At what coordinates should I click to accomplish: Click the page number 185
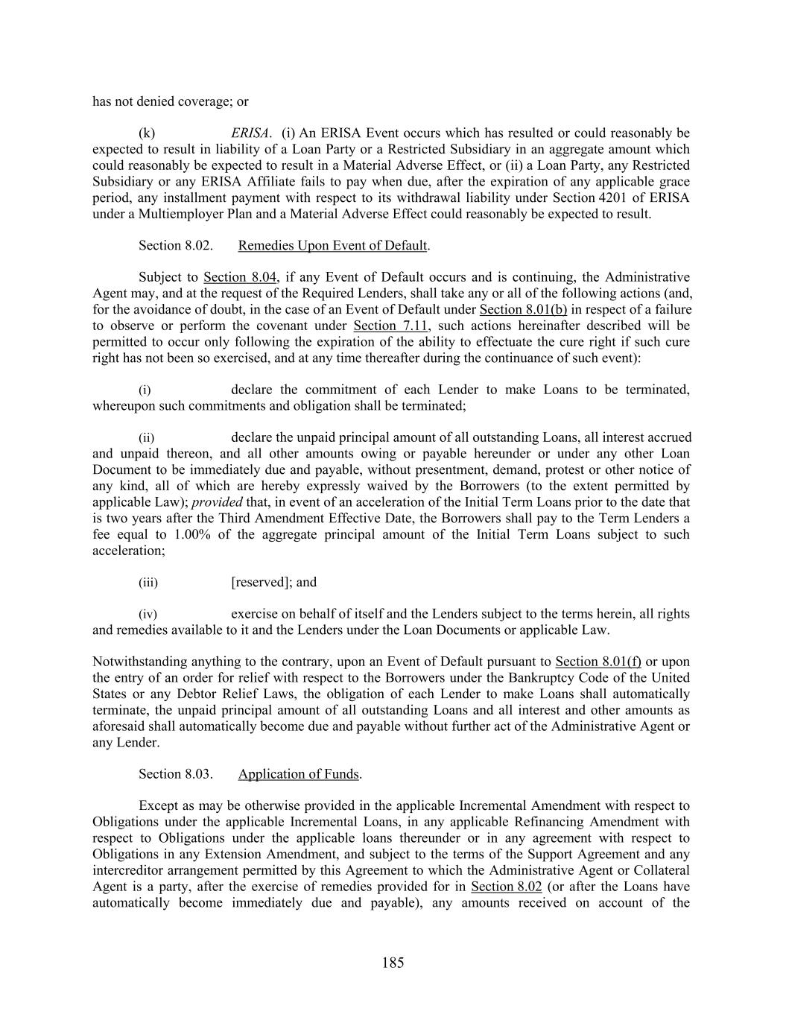click(x=393, y=963)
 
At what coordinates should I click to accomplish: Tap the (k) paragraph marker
click(x=147, y=133)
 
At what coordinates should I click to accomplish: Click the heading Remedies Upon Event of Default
click(x=332, y=245)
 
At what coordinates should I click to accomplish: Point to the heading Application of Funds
click(x=298, y=774)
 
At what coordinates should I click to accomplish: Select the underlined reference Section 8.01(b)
click(x=523, y=309)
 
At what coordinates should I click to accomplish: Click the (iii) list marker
click(x=148, y=583)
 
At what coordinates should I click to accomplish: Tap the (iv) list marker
click(x=148, y=615)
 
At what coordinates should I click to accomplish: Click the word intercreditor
click(x=126, y=870)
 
